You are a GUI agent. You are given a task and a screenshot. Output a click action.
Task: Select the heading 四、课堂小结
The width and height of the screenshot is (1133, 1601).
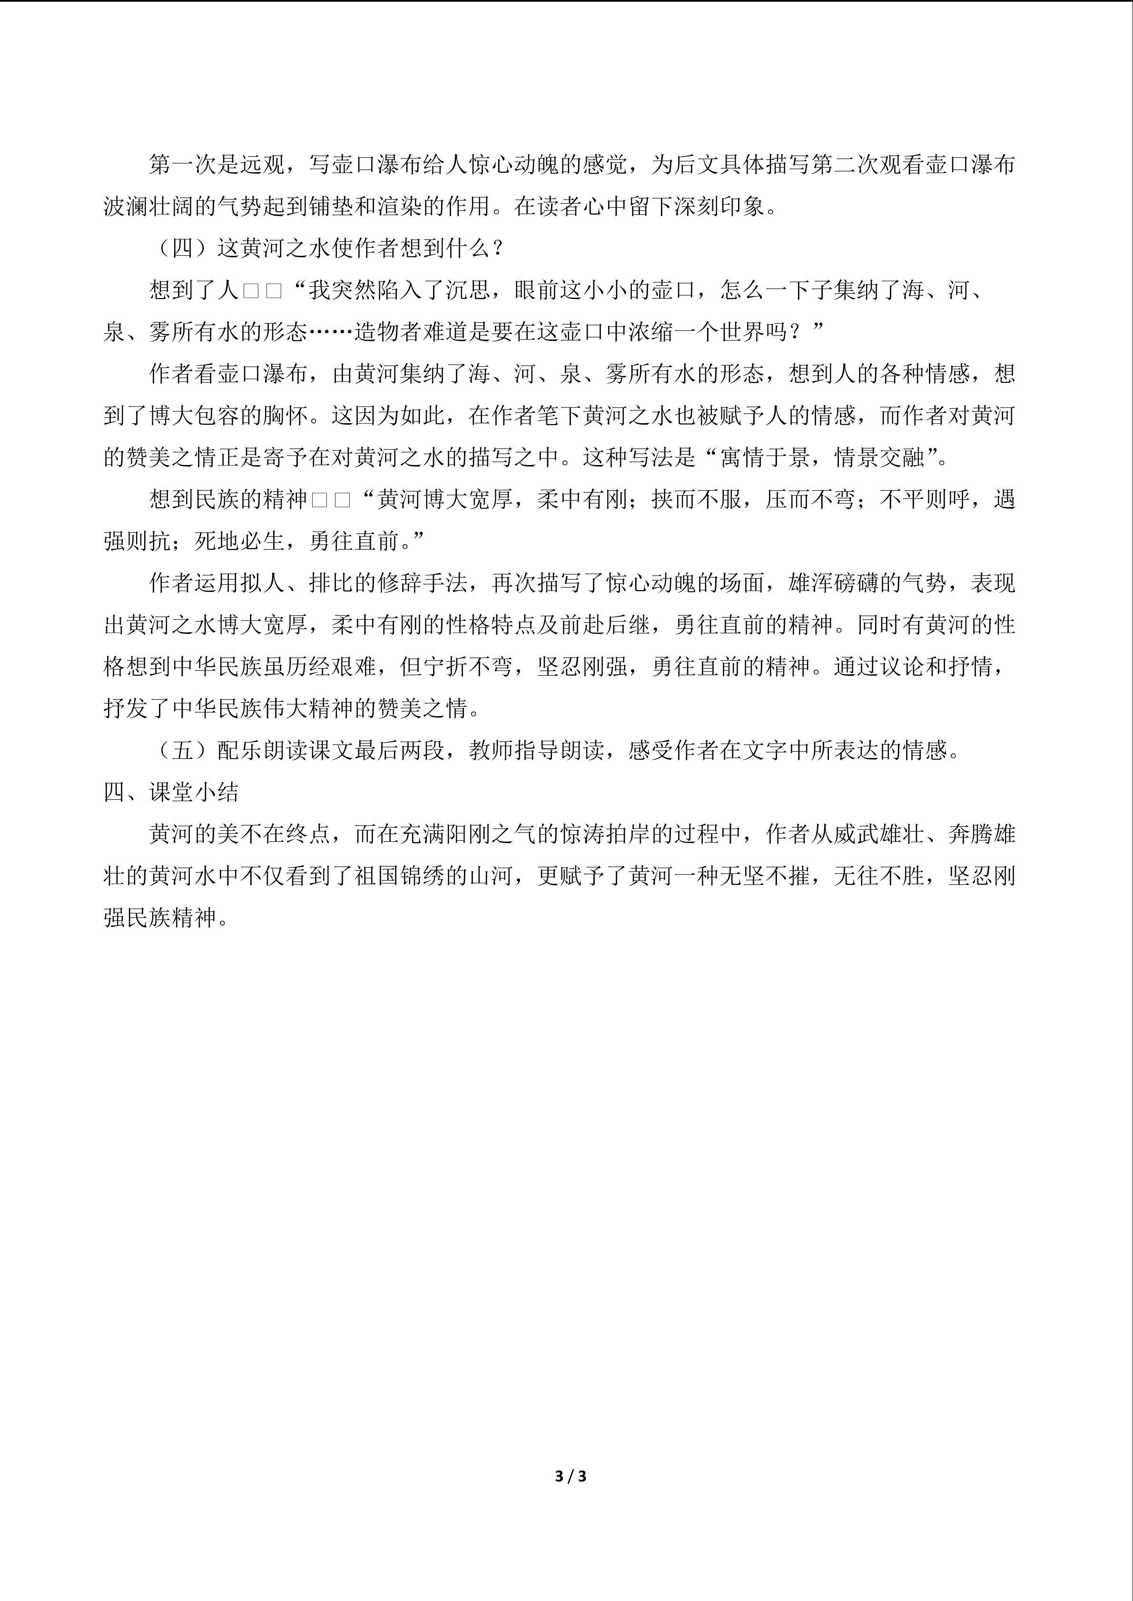pyautogui.click(x=171, y=792)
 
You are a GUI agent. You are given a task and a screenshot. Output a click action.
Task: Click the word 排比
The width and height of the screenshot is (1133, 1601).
pyautogui.click(x=331, y=583)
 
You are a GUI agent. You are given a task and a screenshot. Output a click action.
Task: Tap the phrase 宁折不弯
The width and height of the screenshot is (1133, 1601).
pyautogui.click(x=467, y=667)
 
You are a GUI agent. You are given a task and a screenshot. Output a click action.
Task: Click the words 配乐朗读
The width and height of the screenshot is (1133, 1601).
pyautogui.click(x=262, y=750)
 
